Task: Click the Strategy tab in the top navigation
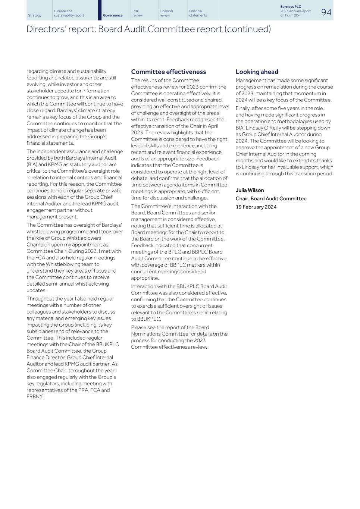35,15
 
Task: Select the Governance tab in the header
113,15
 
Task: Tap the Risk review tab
137,13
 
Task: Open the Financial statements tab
198,13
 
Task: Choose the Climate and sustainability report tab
69,13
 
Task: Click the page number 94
326,12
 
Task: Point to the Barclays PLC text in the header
291,7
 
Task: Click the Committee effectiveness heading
168,72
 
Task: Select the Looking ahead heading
257,72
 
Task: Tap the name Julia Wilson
250,190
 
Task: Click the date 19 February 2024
256,207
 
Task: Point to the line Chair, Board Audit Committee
271,198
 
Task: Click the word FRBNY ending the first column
35,397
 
